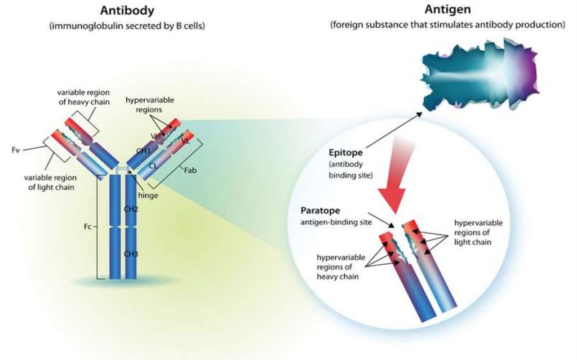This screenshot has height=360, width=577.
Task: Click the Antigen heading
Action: click(447, 11)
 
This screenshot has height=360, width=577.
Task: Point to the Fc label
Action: click(87, 228)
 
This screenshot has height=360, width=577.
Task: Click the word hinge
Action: click(148, 195)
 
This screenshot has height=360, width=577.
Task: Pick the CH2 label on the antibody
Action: click(131, 209)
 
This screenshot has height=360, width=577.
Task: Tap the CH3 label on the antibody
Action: click(131, 254)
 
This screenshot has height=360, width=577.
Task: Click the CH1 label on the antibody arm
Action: click(144, 151)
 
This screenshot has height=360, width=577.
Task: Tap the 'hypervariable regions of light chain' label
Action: click(478, 232)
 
